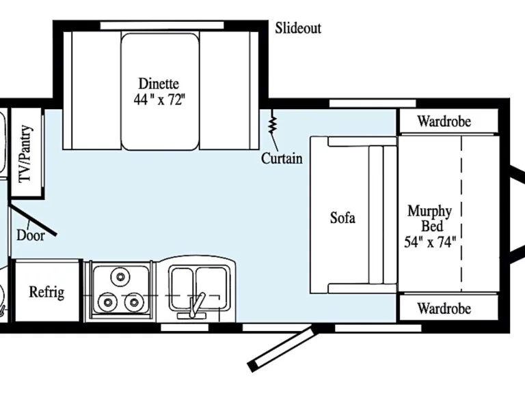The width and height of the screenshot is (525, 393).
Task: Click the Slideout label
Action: point(298,28)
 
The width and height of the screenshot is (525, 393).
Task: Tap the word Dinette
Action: point(159,84)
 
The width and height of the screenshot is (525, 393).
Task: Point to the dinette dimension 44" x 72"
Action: point(159,99)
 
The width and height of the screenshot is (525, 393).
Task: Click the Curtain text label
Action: point(282,159)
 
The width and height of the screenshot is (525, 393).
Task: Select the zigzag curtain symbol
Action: point(272,125)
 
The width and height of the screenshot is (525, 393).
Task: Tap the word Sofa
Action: point(342,218)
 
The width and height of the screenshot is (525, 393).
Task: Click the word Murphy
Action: point(429,210)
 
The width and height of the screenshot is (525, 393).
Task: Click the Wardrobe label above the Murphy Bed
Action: point(444,122)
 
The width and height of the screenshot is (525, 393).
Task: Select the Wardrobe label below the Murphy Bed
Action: point(444,308)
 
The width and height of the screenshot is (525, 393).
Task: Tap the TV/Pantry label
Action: point(26,154)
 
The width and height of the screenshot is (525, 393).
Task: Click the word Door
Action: point(31,235)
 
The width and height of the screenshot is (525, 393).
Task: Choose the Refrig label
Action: point(46,293)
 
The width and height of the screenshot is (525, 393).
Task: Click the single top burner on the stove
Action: point(121,277)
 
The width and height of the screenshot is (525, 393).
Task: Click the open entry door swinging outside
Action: point(283,348)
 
